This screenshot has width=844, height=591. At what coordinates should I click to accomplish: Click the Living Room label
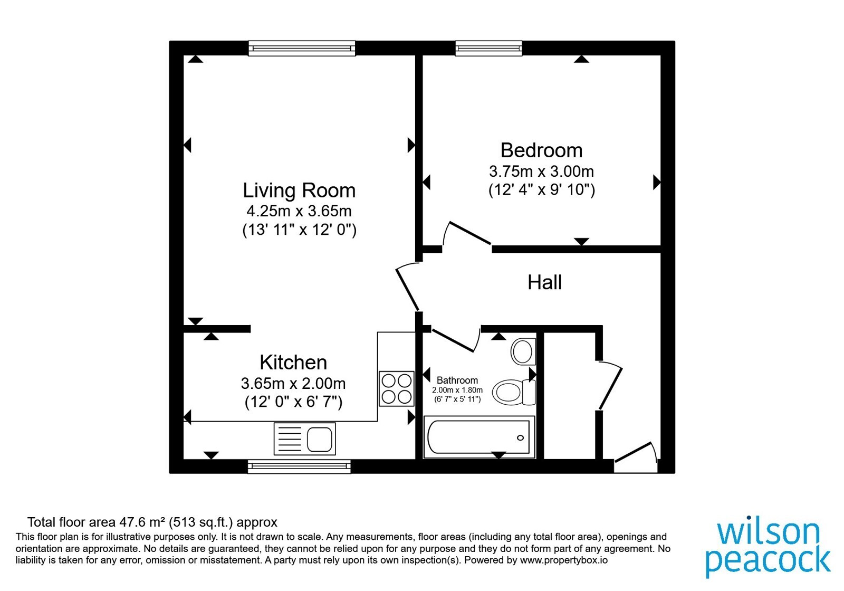[299, 190]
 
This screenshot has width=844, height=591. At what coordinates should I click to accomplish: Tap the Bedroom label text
[541, 150]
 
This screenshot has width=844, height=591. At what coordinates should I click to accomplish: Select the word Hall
[544, 282]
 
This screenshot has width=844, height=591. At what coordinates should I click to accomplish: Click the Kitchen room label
[293, 363]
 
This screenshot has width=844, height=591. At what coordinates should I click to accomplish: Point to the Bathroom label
[457, 380]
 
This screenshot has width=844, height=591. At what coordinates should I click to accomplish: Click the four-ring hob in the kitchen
[396, 388]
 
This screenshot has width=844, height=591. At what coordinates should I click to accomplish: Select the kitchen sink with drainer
[304, 439]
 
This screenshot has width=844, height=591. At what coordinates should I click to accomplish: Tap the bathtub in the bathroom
[479, 437]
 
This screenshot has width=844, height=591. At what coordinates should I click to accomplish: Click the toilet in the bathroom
[514, 393]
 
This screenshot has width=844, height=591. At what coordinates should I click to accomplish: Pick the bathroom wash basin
[523, 351]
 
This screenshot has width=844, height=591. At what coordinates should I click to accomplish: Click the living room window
[302, 48]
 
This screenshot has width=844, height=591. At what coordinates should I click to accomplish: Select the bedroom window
[488, 48]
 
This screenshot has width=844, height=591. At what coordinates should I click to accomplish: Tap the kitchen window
[299, 466]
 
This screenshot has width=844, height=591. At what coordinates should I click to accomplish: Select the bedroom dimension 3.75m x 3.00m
[541, 171]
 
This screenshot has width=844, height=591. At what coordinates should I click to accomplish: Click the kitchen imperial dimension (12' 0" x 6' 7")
[293, 402]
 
